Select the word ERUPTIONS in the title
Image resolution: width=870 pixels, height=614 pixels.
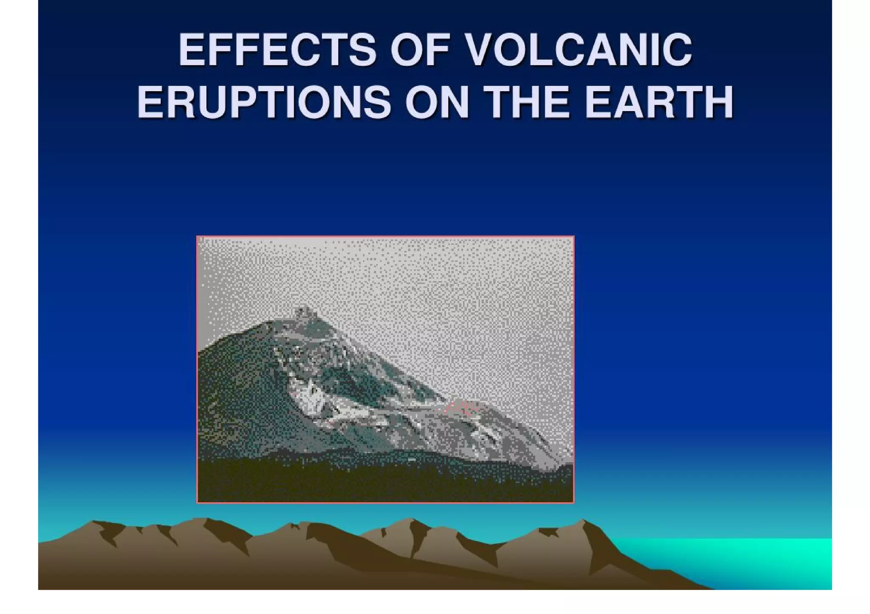click(x=264, y=102)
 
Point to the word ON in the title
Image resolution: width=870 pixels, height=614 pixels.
click(x=437, y=102)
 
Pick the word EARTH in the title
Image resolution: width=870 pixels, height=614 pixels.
click(x=659, y=102)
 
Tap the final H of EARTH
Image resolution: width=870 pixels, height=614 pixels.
click(x=718, y=102)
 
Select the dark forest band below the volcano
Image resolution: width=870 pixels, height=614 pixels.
click(x=382, y=479)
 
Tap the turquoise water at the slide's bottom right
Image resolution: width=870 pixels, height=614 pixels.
click(x=765, y=560)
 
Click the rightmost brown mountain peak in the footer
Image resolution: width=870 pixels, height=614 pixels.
click(x=584, y=521)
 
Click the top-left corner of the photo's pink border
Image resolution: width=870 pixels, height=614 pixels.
click(x=198, y=237)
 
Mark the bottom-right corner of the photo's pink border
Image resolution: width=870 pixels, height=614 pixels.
click(x=573, y=502)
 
